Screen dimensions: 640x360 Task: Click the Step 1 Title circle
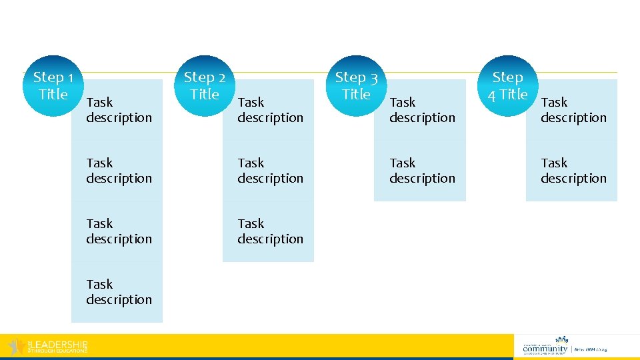point(57,86)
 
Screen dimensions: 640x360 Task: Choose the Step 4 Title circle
point(509,86)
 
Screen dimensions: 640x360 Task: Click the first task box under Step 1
point(119,110)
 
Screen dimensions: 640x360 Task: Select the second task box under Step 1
point(119,171)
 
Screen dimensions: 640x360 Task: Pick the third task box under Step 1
point(119,231)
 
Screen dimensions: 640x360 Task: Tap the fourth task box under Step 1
point(119,292)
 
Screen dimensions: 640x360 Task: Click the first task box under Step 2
point(270,110)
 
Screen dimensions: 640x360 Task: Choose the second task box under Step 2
point(270,171)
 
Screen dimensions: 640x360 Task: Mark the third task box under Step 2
point(270,231)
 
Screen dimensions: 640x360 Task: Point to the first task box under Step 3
point(421,110)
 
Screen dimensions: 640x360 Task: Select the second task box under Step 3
point(421,171)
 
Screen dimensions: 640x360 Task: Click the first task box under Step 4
point(573,110)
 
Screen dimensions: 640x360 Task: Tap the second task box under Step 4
point(573,171)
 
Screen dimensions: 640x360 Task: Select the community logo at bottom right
point(564,345)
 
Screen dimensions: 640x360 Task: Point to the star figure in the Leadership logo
point(15,347)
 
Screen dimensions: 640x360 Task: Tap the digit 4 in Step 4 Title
point(491,95)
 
